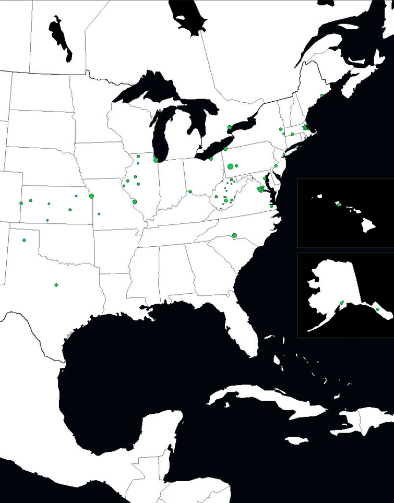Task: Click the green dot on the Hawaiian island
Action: pyautogui.click(x=339, y=205)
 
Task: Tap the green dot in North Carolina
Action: pyautogui.click(x=234, y=235)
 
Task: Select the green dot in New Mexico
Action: pyautogui.click(x=24, y=240)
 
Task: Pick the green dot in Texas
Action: pyautogui.click(x=56, y=285)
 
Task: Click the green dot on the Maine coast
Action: pyautogui.click(x=322, y=95)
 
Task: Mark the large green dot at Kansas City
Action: pyautogui.click(x=91, y=196)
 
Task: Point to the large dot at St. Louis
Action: pyautogui.click(x=135, y=201)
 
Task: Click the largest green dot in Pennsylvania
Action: pyautogui.click(x=230, y=166)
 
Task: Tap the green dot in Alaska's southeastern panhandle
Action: pyautogui.click(x=377, y=309)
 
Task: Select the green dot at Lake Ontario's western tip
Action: pyautogui.click(x=230, y=127)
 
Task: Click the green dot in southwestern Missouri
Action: pyautogui.click(x=99, y=214)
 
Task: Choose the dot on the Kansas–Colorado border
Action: pyautogui.click(x=21, y=203)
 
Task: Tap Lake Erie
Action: pyautogui.click(x=214, y=149)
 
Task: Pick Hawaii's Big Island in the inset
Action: pyautogui.click(x=369, y=226)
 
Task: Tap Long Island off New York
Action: pyautogui.click(x=292, y=148)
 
